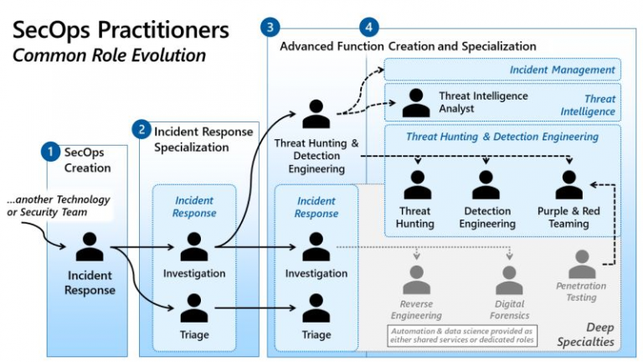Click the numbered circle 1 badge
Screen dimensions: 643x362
(50, 152)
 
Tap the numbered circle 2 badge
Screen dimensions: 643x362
(141, 130)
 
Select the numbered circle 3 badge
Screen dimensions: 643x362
(270, 27)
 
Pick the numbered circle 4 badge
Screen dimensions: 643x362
(368, 27)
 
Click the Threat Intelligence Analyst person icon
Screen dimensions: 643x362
(416, 102)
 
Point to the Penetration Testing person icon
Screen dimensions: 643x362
(582, 264)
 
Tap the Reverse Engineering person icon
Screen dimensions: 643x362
(417, 280)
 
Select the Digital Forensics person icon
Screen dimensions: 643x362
(509, 280)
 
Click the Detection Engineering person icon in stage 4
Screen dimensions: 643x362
(486, 184)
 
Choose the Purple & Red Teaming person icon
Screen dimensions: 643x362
(569, 184)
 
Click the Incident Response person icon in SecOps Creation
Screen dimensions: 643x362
(90, 246)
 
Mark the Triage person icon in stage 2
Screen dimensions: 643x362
(194, 308)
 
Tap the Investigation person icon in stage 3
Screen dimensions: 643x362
(316, 246)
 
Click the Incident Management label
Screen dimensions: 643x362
(563, 70)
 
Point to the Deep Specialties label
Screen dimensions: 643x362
(586, 334)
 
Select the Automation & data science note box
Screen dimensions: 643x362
(462, 335)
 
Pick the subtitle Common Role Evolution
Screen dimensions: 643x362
(109, 55)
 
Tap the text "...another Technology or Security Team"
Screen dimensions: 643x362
(59, 205)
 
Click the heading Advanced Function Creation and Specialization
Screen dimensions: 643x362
(408, 46)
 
